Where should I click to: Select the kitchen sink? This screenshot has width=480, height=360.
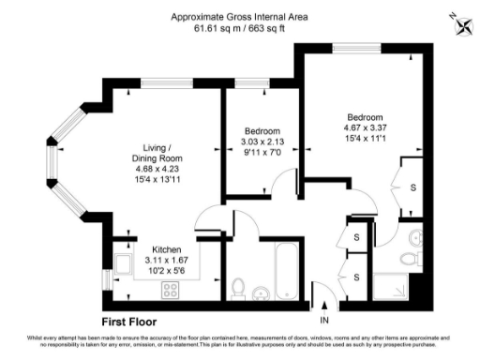121,260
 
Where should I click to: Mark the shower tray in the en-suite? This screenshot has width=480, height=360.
397,284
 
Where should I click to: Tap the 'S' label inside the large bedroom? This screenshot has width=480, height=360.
413,187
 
